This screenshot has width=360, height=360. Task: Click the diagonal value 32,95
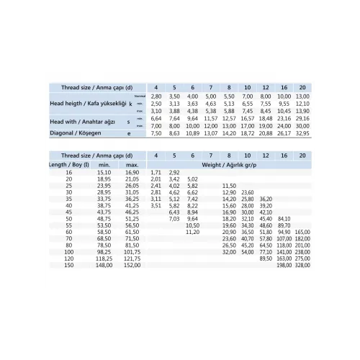pos(302,133)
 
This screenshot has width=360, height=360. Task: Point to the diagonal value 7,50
pos(156,133)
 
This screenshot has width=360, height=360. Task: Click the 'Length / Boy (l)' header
pos(70,164)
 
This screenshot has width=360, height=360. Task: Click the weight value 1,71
pos(156,173)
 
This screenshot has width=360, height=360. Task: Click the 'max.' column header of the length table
pos(132,164)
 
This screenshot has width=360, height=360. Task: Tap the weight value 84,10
pos(284,218)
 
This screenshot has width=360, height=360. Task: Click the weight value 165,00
pos(302,232)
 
